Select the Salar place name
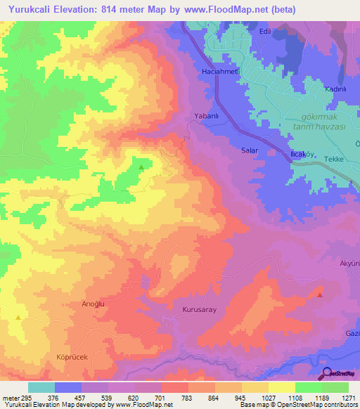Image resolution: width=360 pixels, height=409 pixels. pyautogui.click(x=250, y=151)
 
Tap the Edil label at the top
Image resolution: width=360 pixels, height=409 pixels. pyautogui.click(x=285, y=32)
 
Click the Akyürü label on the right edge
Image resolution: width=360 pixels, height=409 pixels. pyautogui.click(x=349, y=264)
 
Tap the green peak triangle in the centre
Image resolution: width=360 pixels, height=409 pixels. pyautogui.click(x=141, y=167)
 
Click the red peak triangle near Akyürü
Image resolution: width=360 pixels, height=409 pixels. pyautogui.click(x=320, y=295)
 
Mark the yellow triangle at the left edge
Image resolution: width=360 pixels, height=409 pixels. pyautogui.click(x=18, y=317)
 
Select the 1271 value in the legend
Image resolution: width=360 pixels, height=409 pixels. pyautogui.click(x=347, y=398)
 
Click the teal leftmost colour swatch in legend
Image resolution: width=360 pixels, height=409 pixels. pyautogui.click(x=41, y=387)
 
